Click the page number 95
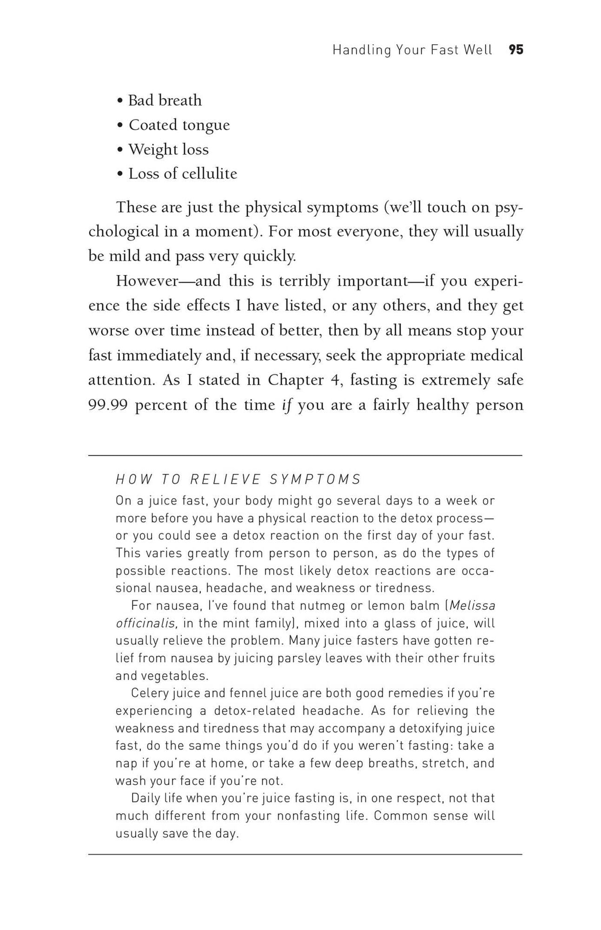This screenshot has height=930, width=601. (516, 50)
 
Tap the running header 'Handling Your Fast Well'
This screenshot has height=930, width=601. (412, 50)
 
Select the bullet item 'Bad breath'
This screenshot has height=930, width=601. (165, 100)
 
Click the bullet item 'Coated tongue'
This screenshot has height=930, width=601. (179, 125)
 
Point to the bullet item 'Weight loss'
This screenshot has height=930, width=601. (168, 149)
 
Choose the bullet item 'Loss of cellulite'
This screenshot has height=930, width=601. (183, 174)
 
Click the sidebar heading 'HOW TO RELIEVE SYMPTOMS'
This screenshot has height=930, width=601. (238, 479)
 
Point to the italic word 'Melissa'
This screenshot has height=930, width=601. (472, 605)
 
